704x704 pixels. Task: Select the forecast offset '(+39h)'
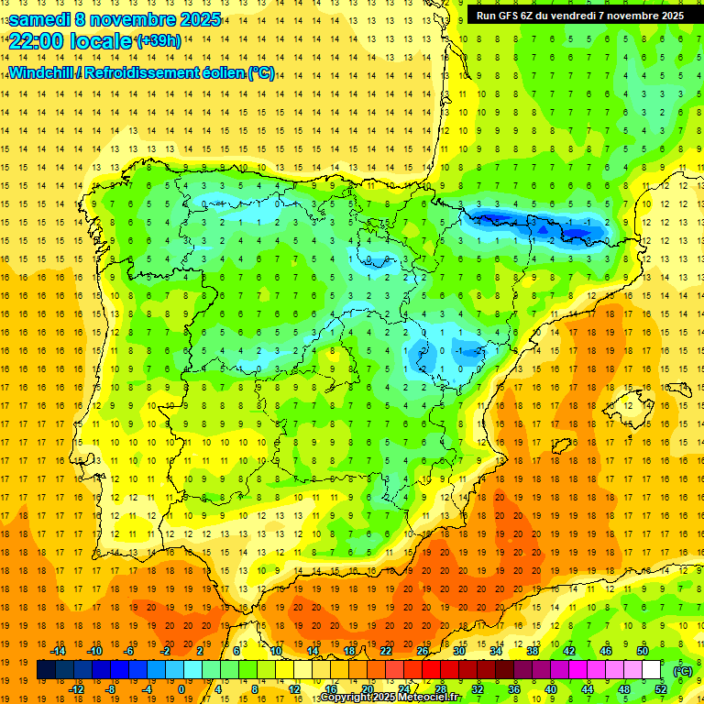coord(159,41)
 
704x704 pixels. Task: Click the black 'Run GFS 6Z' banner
coord(580,15)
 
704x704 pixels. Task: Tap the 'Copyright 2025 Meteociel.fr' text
coord(390,698)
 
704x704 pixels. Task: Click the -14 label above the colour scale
coord(60,650)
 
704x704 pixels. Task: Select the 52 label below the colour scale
coord(661,688)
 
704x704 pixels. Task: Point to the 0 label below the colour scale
coord(181,688)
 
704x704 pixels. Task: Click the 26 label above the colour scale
coord(423,650)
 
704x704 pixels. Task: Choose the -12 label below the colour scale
coord(76,688)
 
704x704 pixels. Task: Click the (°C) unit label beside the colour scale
coord(683,670)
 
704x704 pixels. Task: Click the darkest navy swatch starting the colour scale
coord(46,670)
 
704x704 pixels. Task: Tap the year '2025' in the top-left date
coord(194,19)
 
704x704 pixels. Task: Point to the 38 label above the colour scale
coord(533,650)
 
